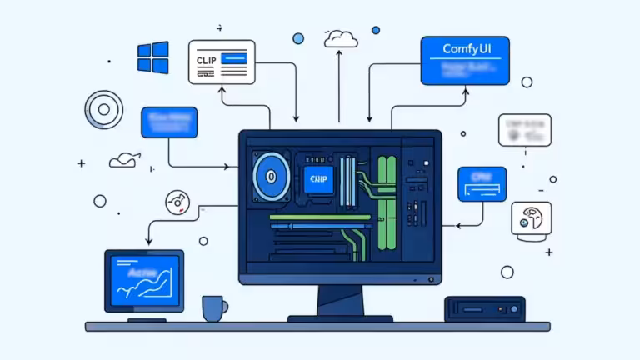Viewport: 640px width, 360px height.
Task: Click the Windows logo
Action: pos(152,57)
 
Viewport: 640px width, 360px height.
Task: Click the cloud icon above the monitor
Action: pos(341,37)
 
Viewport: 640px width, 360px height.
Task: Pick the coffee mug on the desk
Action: pos(213,308)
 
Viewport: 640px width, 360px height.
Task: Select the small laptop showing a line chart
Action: pos(144,282)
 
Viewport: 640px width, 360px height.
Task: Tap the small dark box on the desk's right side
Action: pos(484,308)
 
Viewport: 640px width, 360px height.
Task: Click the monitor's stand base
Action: pos(340,317)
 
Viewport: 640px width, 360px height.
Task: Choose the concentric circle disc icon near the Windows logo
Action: pos(103,109)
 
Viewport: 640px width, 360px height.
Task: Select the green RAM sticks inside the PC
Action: pos(385,203)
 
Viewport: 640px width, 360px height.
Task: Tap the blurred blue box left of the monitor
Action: pos(169,122)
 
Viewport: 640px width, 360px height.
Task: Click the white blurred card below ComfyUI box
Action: pos(524,129)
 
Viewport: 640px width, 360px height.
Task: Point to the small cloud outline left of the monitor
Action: pos(123,160)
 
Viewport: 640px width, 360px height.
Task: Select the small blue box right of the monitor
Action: pos(482,183)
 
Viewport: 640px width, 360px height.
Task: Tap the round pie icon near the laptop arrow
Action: pos(177,201)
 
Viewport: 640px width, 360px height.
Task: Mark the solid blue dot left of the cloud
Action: pos(298,38)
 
